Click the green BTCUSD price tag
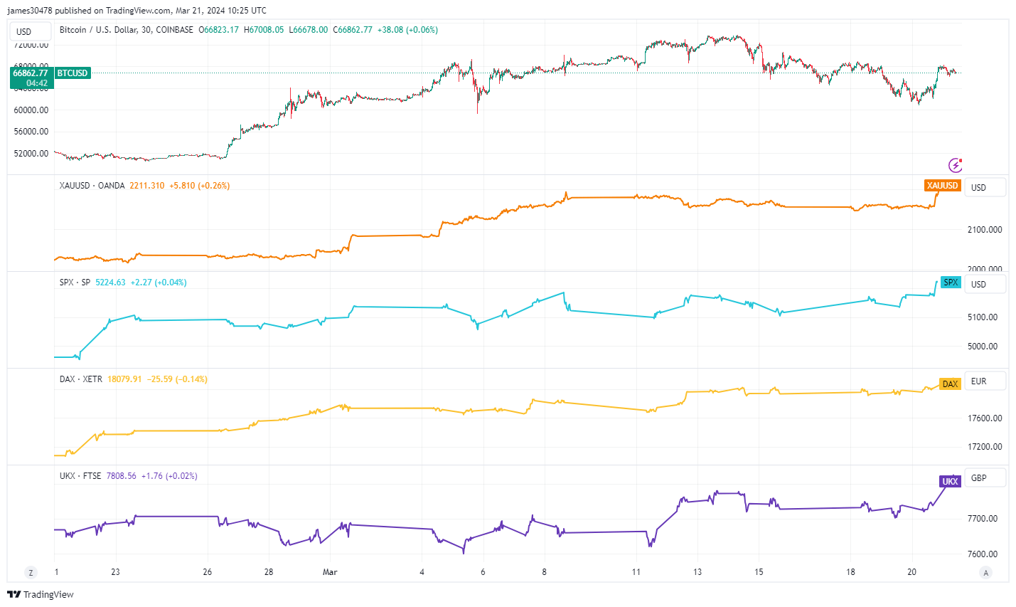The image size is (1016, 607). tap(72, 73)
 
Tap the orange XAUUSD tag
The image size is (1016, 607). tap(942, 186)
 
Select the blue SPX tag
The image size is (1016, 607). tap(950, 283)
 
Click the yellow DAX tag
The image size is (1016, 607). tap(950, 384)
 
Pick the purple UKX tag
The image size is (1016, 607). tap(950, 482)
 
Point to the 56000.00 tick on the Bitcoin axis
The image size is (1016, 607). tap(31, 132)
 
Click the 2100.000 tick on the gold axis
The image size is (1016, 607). tap(985, 230)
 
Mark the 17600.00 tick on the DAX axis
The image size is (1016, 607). tap(985, 418)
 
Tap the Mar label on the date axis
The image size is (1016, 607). tap(330, 572)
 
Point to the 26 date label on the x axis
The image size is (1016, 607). tap(207, 572)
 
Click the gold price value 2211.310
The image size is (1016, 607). tap(146, 186)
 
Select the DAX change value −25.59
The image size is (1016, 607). tap(159, 379)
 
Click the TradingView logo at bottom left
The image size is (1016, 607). tap(41, 595)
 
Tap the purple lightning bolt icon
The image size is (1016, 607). tap(956, 165)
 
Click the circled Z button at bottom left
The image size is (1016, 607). tap(31, 573)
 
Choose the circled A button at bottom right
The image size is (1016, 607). tap(985, 573)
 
